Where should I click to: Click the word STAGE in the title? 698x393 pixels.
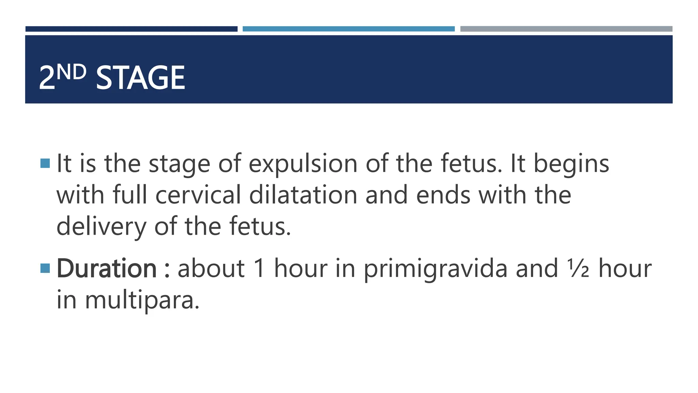point(140,78)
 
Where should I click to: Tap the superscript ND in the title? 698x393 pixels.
point(71,72)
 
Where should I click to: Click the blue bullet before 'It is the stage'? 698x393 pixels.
point(45,163)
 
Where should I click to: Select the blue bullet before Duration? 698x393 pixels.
point(45,268)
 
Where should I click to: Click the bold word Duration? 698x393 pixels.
point(106,269)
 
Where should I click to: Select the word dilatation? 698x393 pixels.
point(303,195)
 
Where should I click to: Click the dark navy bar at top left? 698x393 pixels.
point(131,29)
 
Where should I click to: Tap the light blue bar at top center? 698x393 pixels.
point(348,29)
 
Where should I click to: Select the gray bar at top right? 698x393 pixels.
point(566,29)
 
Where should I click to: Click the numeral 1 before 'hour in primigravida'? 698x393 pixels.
point(259,269)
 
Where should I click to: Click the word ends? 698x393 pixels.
point(443,195)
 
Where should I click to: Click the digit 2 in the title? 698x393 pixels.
point(47,78)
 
